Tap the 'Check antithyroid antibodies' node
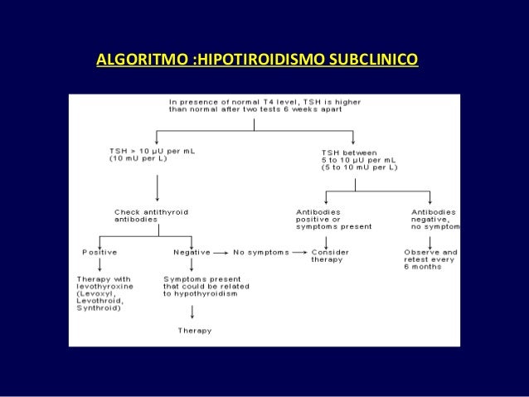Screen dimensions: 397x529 pos(151,215)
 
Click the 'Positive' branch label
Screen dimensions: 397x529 pos(99,251)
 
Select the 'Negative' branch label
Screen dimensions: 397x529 pos(192,251)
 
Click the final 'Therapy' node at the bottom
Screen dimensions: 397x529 pos(195,331)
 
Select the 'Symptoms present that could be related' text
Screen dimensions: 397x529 pos(202,286)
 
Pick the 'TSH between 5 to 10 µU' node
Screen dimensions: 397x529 pos(358,160)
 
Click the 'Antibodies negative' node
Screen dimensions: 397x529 pos(434,219)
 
